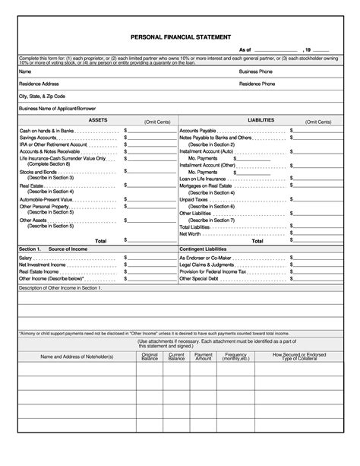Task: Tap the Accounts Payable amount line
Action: pos(315,131)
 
